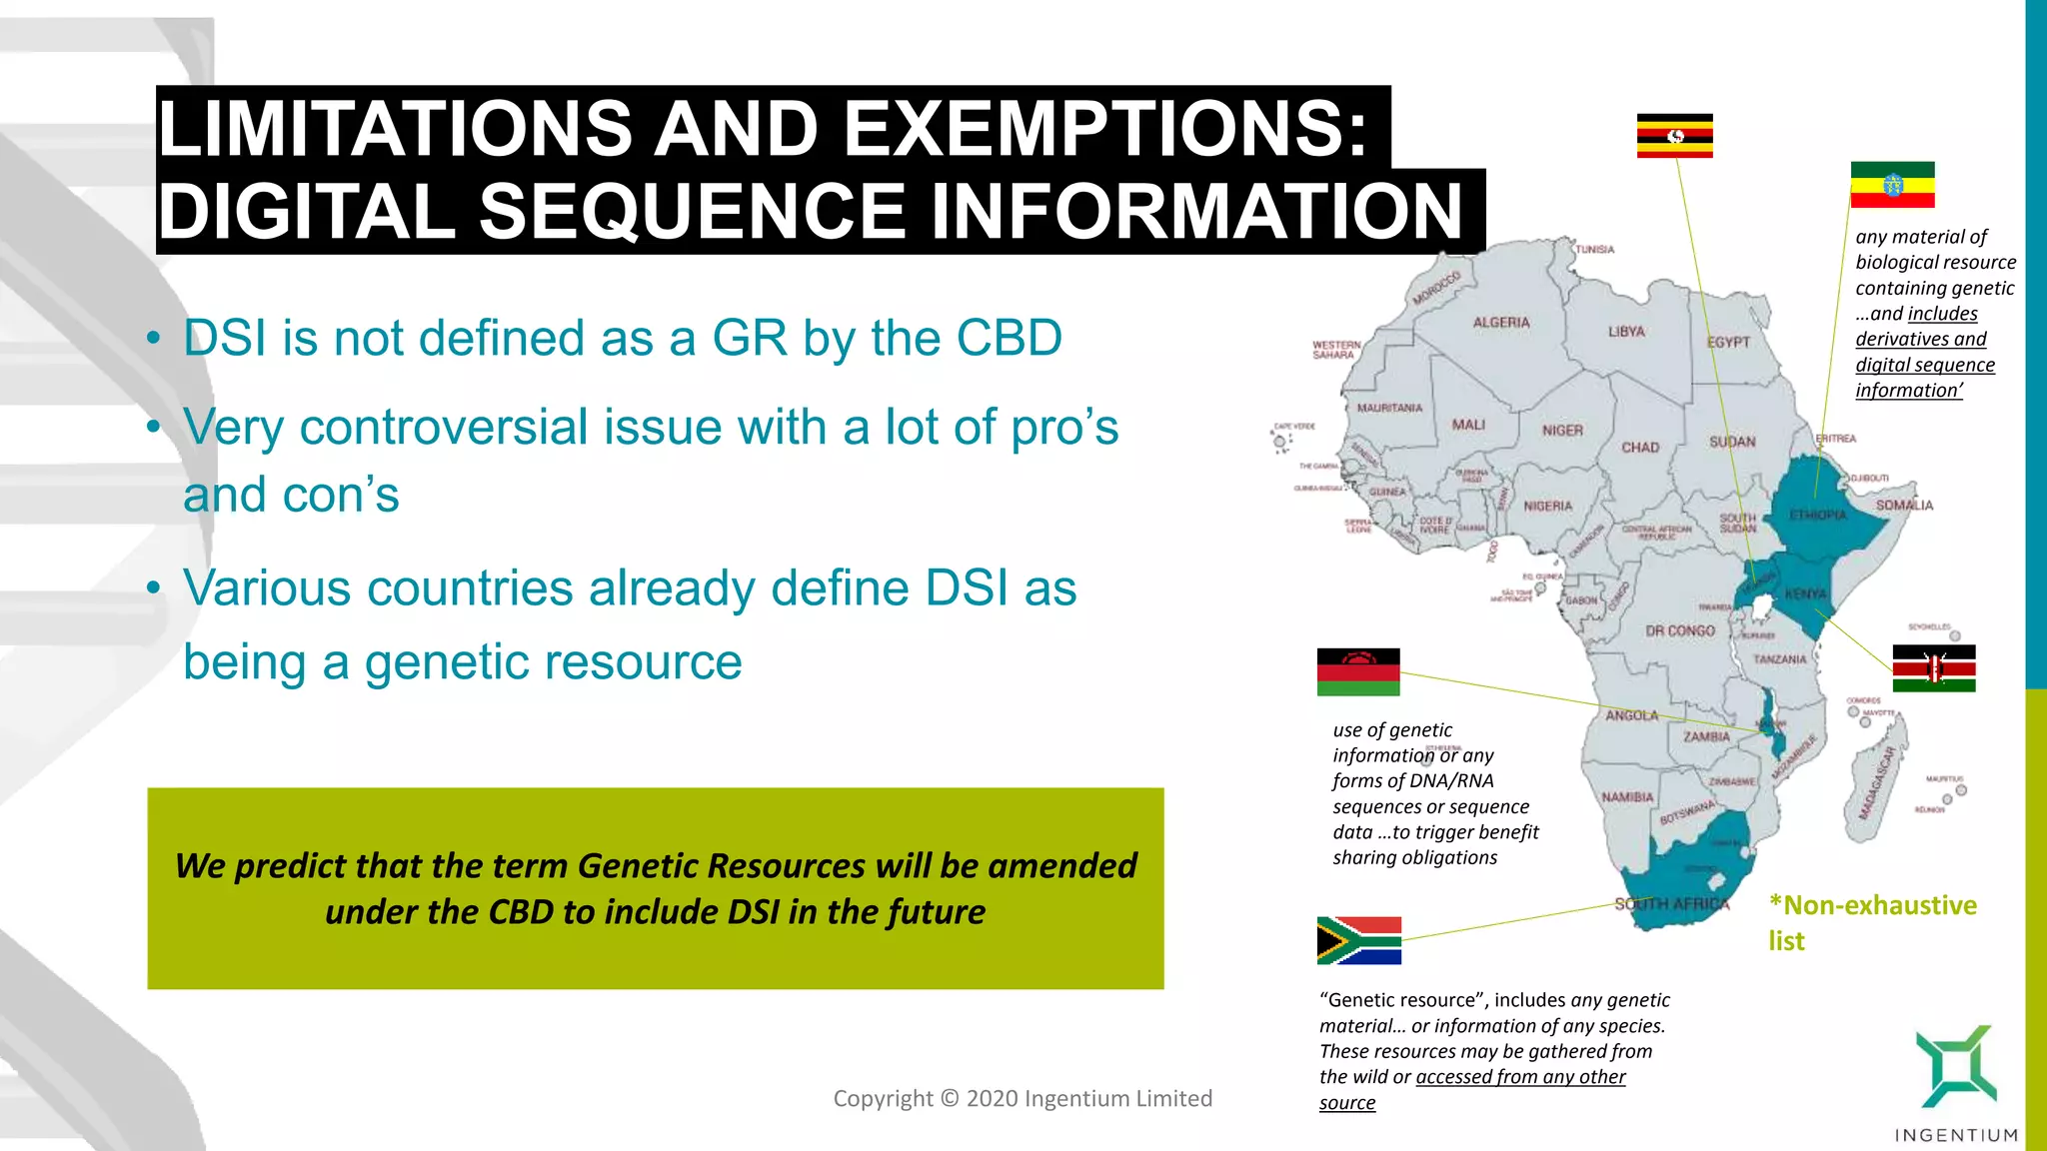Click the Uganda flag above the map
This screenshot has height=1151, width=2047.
(x=1674, y=136)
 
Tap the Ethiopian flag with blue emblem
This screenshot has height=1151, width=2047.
(x=1892, y=185)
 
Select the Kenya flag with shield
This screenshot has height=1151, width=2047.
(x=1933, y=668)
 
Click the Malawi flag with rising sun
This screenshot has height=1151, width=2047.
(x=1357, y=671)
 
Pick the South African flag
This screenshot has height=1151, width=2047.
(x=1358, y=940)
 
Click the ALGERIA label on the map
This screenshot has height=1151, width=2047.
(x=1500, y=323)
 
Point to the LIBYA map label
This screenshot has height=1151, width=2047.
(x=1626, y=332)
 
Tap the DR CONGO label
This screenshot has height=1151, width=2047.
(x=1679, y=631)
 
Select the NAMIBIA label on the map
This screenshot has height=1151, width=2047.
(x=1627, y=797)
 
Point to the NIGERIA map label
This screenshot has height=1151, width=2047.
(x=1547, y=507)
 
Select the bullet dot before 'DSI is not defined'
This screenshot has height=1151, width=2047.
(x=153, y=338)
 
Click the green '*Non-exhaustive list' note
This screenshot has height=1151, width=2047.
(x=1871, y=922)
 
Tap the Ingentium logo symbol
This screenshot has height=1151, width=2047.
(x=1955, y=1066)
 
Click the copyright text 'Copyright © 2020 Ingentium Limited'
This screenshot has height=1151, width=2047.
(x=1022, y=1099)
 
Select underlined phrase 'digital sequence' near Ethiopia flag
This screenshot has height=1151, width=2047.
(x=1924, y=365)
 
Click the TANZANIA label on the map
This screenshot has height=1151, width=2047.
(x=1779, y=659)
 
